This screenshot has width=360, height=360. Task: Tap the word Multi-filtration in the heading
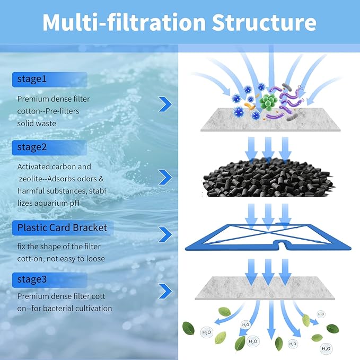click(x=124, y=22)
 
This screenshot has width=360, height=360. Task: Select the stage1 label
click(x=31, y=80)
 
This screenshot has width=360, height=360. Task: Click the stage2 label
click(x=31, y=147)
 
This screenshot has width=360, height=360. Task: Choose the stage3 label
click(x=31, y=279)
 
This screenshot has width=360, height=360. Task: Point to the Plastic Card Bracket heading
click(x=62, y=228)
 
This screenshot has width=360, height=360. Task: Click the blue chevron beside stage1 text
click(x=165, y=104)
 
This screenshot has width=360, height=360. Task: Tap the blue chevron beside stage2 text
click(x=165, y=177)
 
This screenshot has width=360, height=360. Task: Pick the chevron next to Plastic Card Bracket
click(x=165, y=234)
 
